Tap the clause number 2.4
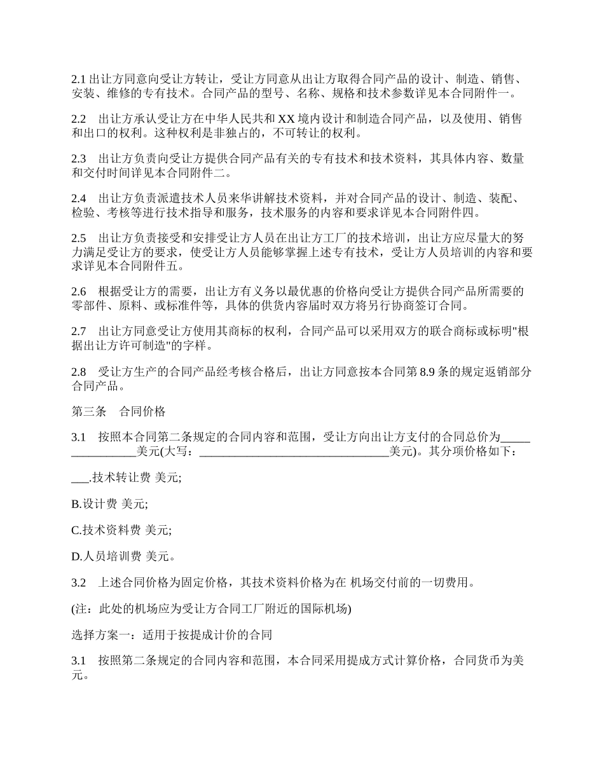(78, 198)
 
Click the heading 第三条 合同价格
(118, 411)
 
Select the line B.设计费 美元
(109, 504)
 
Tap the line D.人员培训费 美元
(123, 556)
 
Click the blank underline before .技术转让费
(80, 477)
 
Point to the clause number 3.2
(78, 582)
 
